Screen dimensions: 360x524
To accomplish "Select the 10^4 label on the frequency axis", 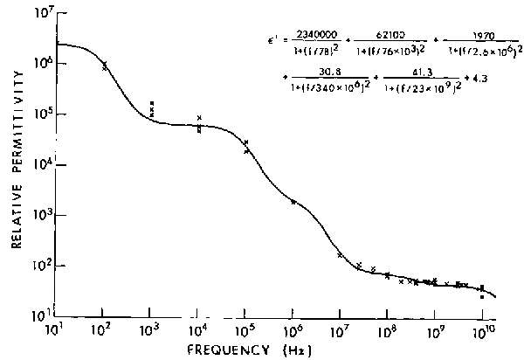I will pyautogui.click(x=198, y=333).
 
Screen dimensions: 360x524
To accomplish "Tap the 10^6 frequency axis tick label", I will pyautogui.click(x=293, y=333).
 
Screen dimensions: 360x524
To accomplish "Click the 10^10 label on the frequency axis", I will pyautogui.click(x=483, y=333).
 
